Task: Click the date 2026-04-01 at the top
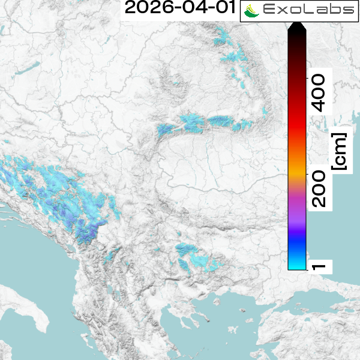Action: coord(178,9)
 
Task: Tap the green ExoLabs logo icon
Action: coord(253,11)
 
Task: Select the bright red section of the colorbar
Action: coord(297,129)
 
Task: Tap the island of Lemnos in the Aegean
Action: coord(225,324)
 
